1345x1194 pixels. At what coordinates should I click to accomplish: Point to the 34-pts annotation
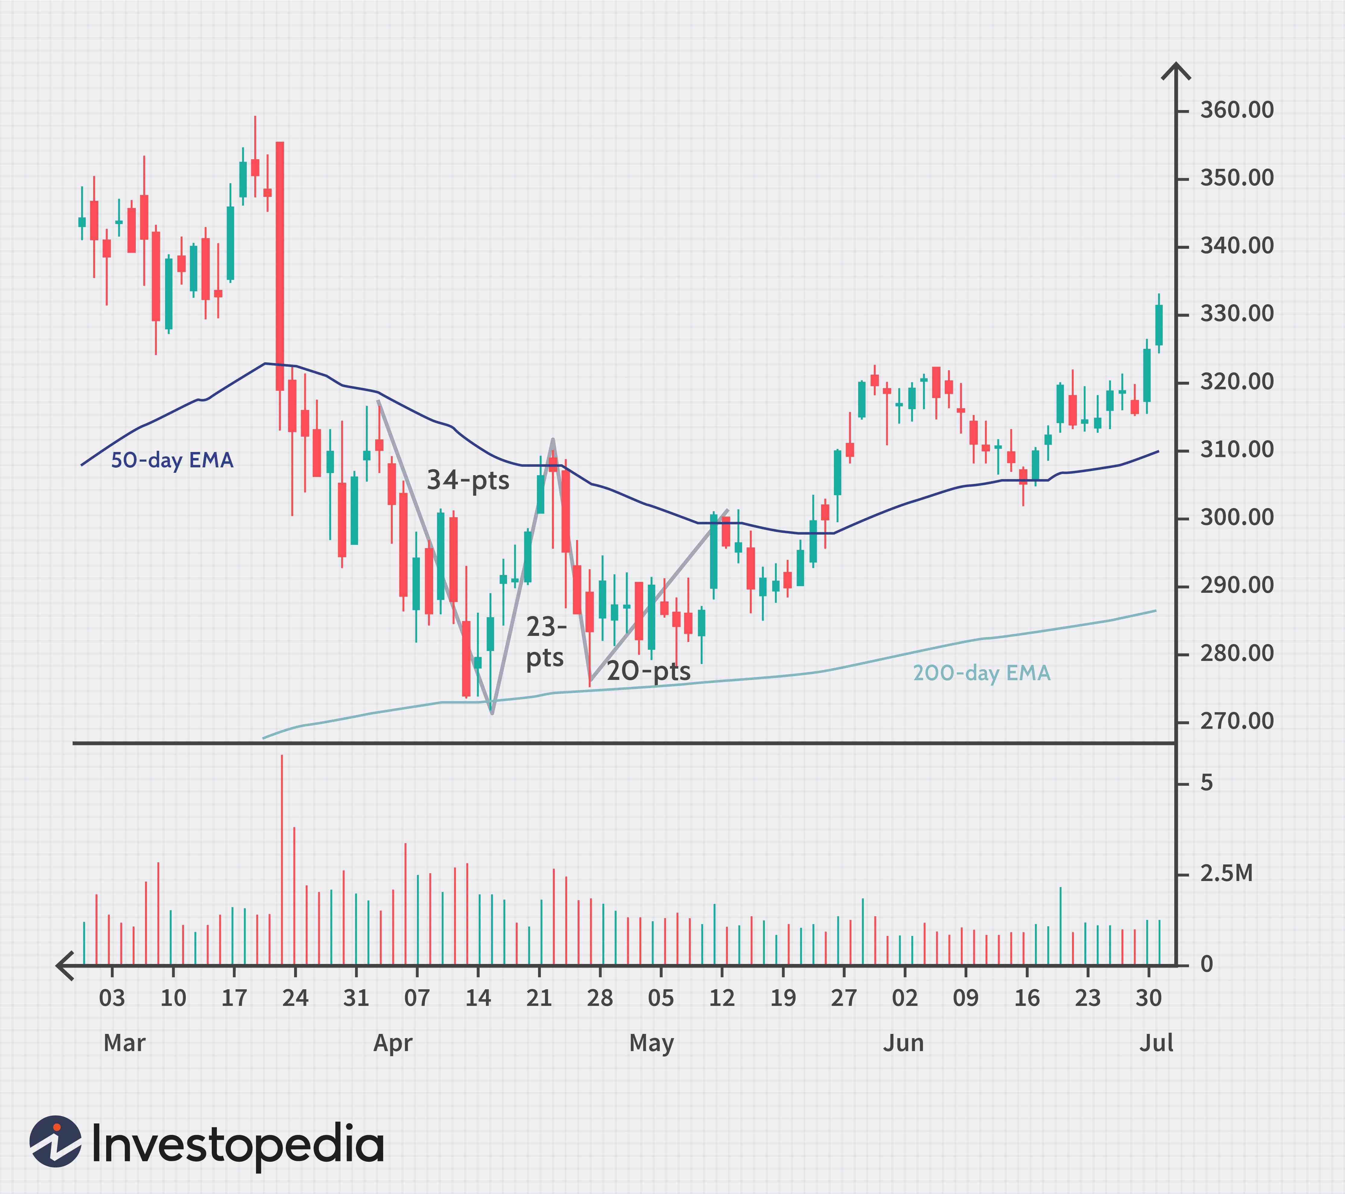[468, 480]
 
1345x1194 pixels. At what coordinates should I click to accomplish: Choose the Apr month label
[393, 1043]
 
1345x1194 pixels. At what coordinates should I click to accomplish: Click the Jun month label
[903, 1043]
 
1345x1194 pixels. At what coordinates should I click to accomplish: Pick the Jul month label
[1156, 1043]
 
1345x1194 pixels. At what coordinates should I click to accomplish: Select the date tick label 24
[295, 998]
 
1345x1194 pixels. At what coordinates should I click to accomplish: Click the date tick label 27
[844, 998]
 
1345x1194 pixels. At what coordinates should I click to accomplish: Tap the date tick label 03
[112, 998]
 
